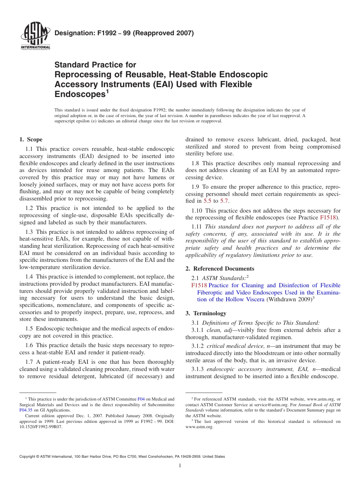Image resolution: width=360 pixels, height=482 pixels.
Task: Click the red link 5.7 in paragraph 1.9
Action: click(x=224, y=201)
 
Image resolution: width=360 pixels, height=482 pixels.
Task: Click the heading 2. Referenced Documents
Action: click(x=220, y=269)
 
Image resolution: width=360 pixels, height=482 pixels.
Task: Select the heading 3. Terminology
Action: click(x=206, y=313)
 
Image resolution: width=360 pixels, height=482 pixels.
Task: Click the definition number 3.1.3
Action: click(x=197, y=369)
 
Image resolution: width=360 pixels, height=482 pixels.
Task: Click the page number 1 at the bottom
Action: click(x=180, y=466)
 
